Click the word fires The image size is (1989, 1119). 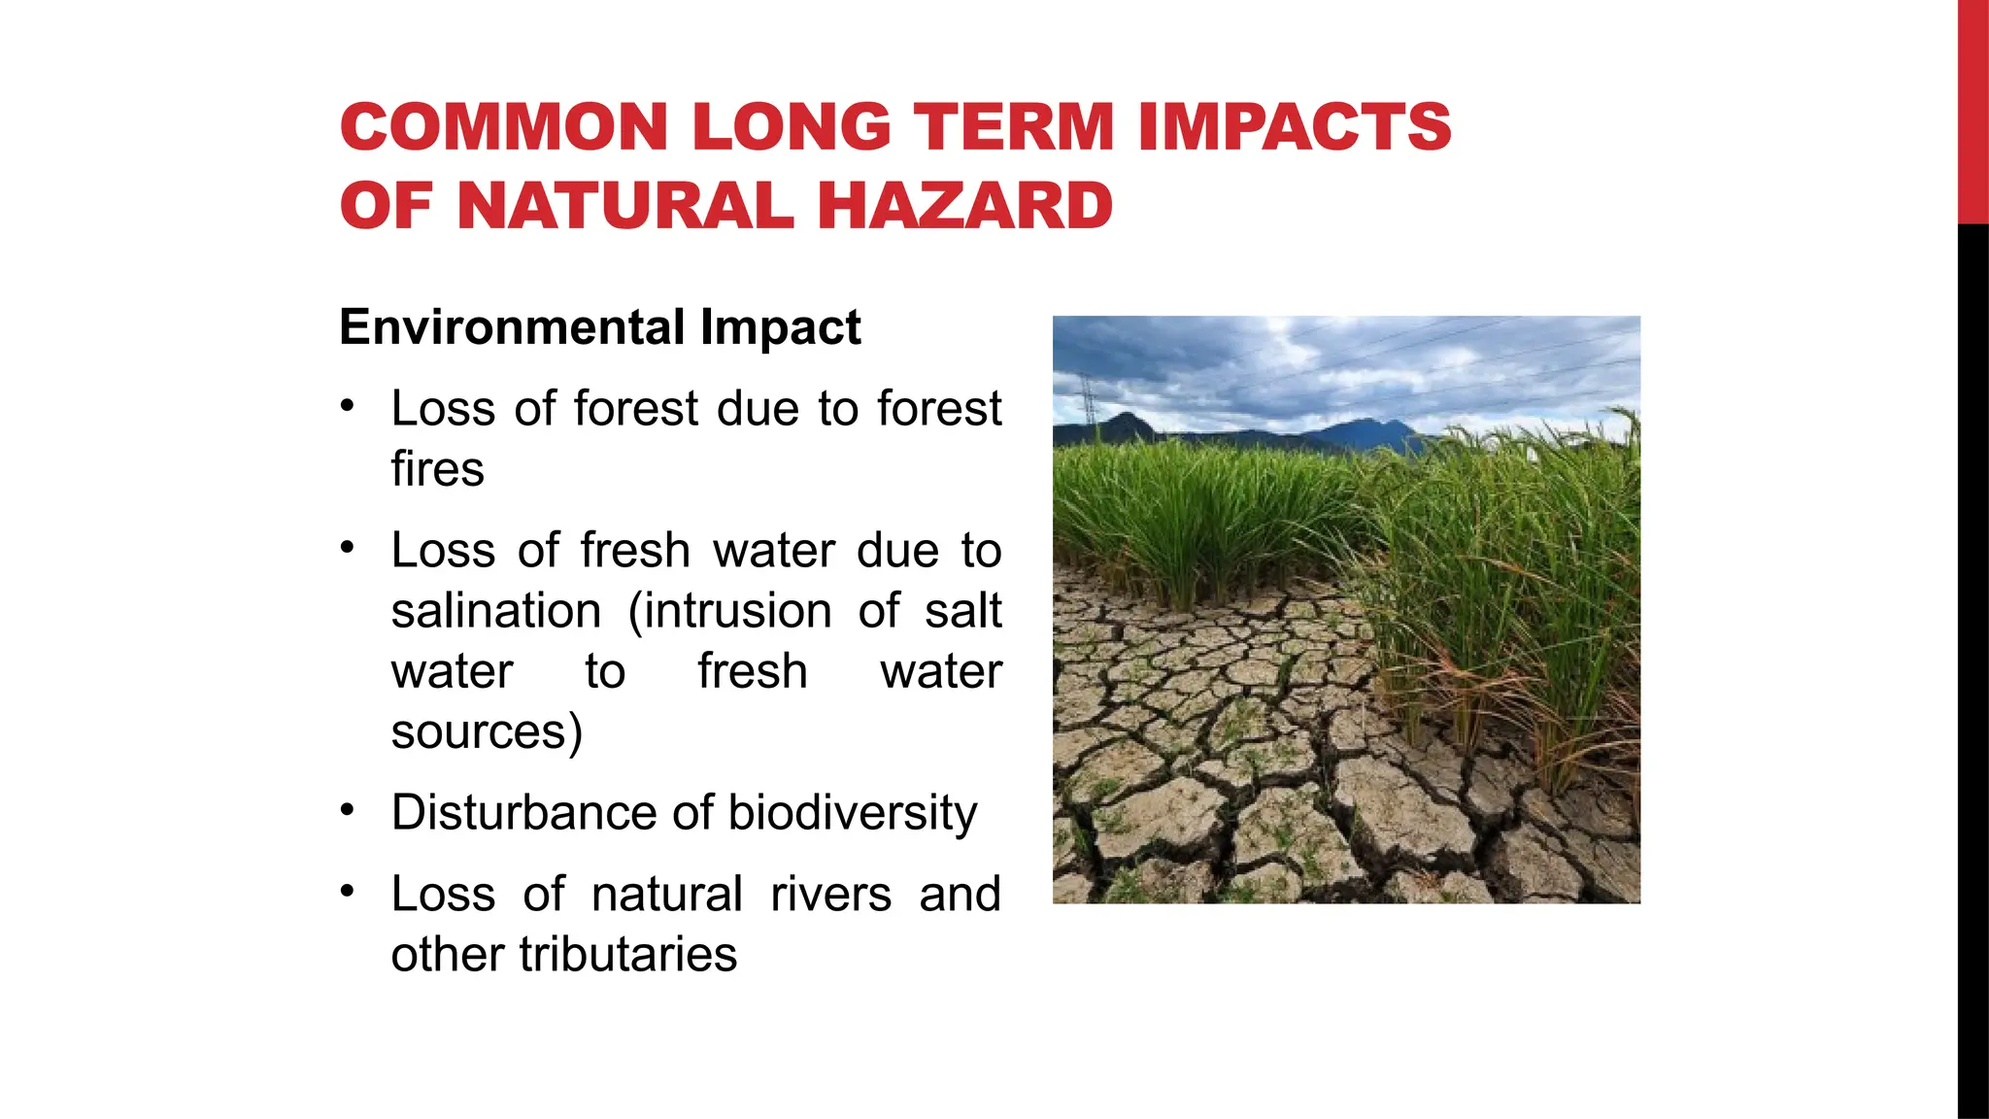437,469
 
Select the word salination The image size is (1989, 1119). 496,611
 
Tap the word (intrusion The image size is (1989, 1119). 729,611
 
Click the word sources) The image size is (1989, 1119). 487,731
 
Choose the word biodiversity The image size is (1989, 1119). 852,813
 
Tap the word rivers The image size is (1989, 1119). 830,894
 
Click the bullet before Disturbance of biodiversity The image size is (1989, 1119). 348,809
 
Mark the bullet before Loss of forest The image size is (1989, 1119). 348,405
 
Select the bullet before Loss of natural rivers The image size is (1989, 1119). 348,891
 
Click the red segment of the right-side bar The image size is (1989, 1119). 1972,112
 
